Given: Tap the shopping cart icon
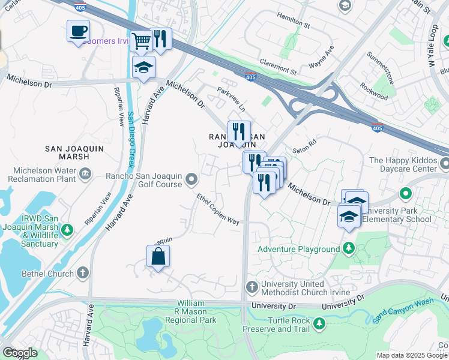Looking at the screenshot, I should click(140, 41).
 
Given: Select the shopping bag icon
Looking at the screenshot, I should click(158, 257).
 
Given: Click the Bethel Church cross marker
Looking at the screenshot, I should click(83, 274).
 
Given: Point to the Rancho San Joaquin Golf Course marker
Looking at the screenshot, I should click(191, 179).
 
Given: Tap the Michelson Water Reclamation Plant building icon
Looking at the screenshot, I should click(85, 173).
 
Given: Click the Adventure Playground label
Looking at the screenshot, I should click(298, 249).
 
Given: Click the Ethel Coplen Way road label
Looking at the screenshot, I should click(218, 209).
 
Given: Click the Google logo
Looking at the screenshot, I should click(20, 353).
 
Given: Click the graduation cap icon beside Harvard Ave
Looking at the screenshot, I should click(144, 68).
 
